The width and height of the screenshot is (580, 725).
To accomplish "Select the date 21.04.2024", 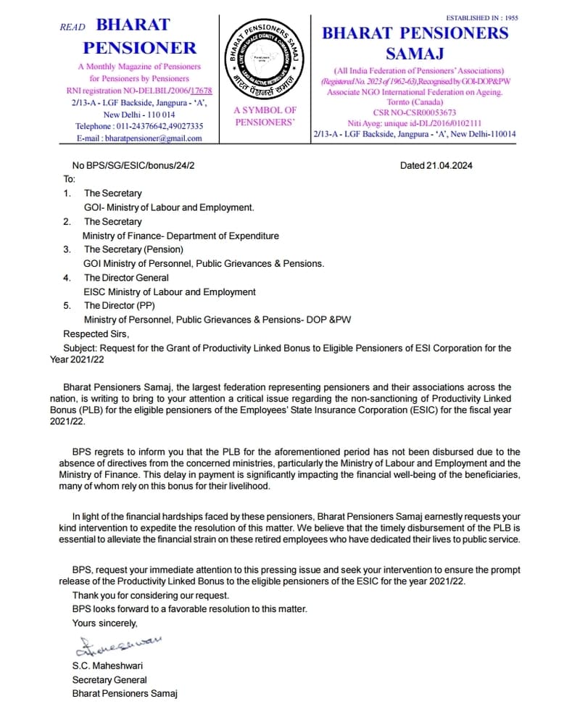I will click(x=436, y=165).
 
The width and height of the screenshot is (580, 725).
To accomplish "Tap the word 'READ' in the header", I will click(x=72, y=27).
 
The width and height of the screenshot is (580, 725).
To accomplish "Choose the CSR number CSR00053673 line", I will click(x=415, y=112).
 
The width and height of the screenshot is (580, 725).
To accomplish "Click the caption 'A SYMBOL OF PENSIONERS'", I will click(x=265, y=116).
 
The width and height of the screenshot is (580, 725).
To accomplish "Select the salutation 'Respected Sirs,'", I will click(x=96, y=334).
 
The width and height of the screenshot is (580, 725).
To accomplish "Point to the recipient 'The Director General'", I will click(x=126, y=278).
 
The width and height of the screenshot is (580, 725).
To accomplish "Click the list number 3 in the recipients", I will click(x=67, y=249).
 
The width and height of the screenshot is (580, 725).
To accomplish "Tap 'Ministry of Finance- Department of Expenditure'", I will click(x=181, y=236).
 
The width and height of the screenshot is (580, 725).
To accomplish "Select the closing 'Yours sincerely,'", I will click(x=104, y=623).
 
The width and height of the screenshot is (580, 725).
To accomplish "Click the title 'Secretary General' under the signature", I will click(x=109, y=679).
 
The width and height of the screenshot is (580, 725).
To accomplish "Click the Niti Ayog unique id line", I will click(x=415, y=123).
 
